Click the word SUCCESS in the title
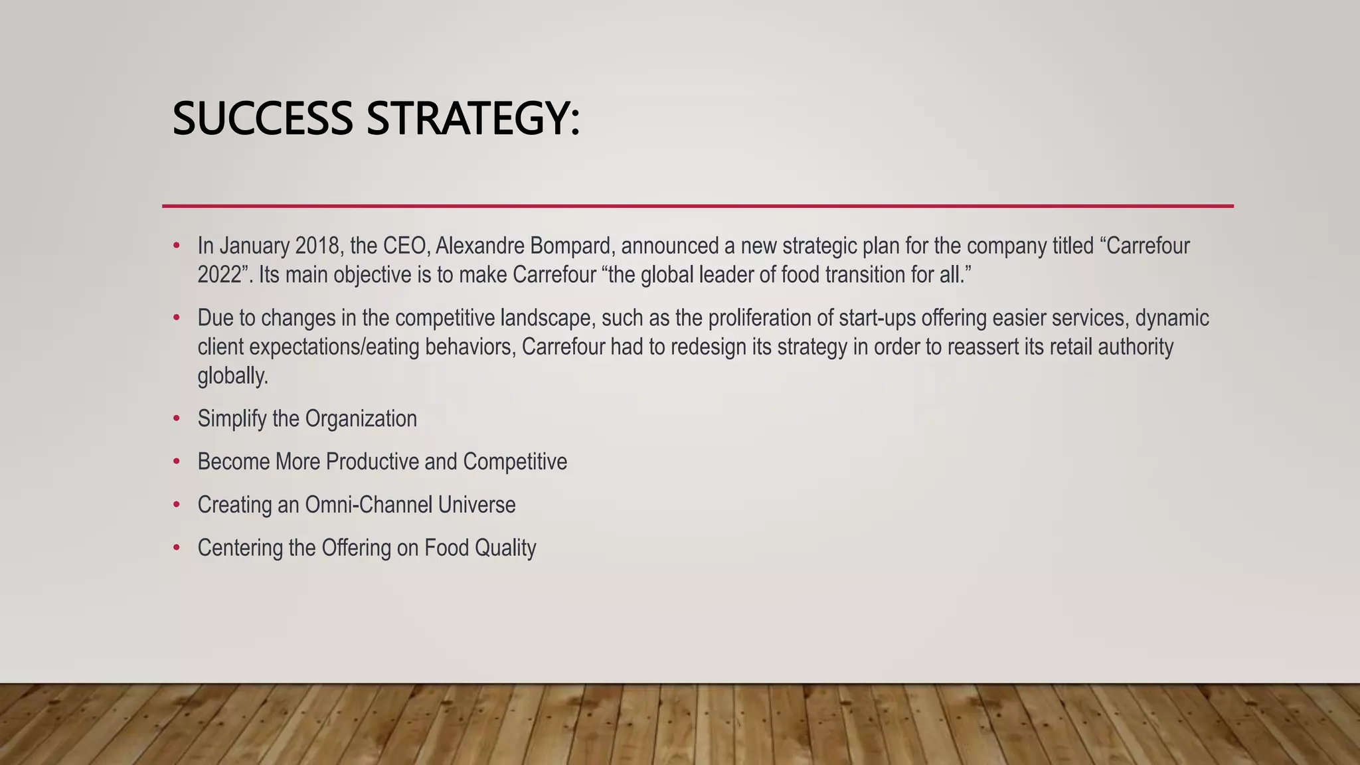tap(262, 119)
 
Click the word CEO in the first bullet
tap(404, 246)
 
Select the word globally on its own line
tap(232, 377)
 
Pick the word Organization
tap(361, 419)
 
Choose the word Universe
tap(477, 505)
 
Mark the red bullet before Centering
tap(176, 548)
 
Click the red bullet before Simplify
tap(176, 419)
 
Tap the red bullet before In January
tap(176, 246)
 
